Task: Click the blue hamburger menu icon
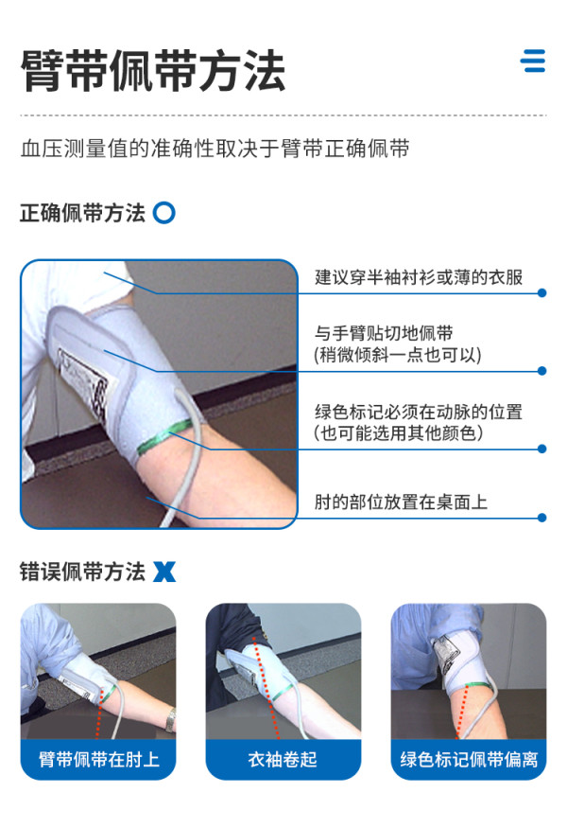click(533, 61)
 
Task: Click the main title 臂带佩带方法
click(153, 71)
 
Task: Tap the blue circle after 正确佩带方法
click(164, 213)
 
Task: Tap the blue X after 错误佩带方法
click(164, 572)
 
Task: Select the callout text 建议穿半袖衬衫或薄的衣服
click(419, 276)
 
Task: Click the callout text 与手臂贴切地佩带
click(384, 333)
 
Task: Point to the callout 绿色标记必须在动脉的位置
click(419, 412)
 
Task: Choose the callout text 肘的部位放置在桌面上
click(401, 502)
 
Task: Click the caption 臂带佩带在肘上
click(98, 759)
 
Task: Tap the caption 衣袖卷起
click(283, 759)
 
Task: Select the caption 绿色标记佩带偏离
click(469, 759)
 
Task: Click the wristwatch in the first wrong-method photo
click(170, 719)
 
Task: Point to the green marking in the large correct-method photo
click(164, 436)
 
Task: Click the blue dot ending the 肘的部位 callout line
click(541, 518)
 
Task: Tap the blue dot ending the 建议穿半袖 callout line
click(541, 292)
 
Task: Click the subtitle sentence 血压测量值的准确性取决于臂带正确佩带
click(215, 149)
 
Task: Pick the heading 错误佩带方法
click(82, 572)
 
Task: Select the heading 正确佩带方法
click(82, 213)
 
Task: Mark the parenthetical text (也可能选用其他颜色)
click(398, 433)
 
